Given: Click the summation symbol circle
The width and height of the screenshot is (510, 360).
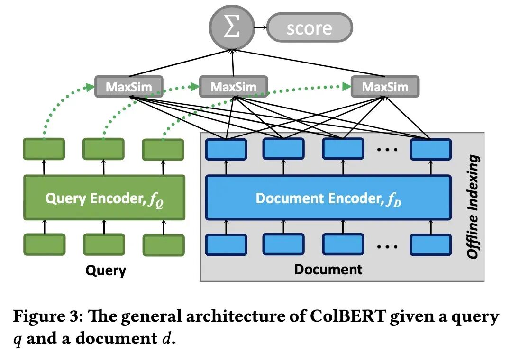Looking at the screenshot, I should [x=232, y=27].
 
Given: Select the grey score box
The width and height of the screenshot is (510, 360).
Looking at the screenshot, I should [x=309, y=28].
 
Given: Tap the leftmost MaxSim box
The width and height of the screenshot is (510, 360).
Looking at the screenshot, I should [x=129, y=87].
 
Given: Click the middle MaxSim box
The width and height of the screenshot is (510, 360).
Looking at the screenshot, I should [x=233, y=87].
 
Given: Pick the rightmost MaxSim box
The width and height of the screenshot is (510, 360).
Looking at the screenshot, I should [x=385, y=87].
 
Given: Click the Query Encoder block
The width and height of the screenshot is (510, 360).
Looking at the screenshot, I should [x=103, y=198].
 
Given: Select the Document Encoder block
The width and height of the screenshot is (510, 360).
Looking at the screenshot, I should [x=328, y=198].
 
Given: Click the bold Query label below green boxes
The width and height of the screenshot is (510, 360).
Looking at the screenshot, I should [x=106, y=270].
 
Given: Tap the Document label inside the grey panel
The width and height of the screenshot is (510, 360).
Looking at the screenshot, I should [x=328, y=270].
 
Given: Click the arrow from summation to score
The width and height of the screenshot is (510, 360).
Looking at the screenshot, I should [x=260, y=28].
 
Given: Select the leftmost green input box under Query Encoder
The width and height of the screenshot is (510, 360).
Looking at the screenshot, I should [x=44, y=245].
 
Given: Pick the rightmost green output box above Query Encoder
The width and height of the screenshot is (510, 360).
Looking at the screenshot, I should [x=163, y=149].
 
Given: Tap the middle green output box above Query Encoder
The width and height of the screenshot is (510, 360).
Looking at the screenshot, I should [x=103, y=149].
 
